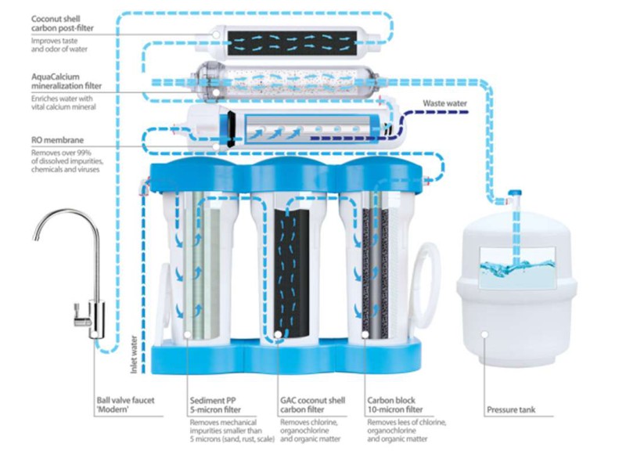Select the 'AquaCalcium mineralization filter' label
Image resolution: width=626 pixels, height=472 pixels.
57,81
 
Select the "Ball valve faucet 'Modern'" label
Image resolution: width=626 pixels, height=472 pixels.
124,404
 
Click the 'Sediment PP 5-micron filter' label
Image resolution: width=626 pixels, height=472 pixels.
214,404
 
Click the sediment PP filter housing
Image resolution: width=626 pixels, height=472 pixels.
203,266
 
